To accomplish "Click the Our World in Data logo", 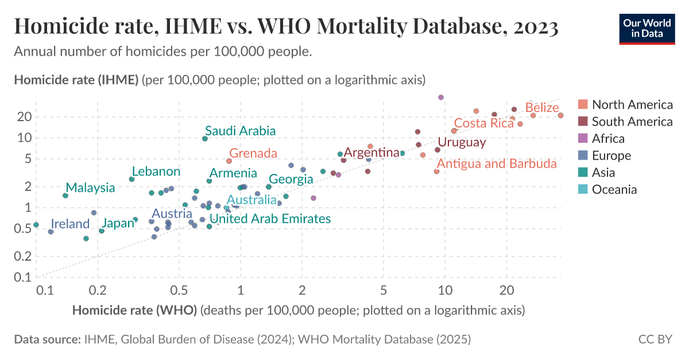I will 647,28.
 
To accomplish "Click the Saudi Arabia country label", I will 240,131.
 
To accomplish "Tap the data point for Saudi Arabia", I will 205,138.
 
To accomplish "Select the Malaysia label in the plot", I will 90,188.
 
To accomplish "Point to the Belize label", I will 541,107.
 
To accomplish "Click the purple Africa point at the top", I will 441,97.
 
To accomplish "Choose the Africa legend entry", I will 608,138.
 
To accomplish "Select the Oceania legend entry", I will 614,189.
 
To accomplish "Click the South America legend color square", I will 583,122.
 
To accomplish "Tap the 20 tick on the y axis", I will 25,117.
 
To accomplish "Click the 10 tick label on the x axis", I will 444,291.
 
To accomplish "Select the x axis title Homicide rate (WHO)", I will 134,311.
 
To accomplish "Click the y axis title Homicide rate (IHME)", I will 76,80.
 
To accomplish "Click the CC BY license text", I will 655,339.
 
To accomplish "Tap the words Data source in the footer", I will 47,339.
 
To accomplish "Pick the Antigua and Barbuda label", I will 497,164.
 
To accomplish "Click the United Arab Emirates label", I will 270,219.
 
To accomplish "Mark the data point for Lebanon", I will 131,179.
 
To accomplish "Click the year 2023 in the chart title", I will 531,26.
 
